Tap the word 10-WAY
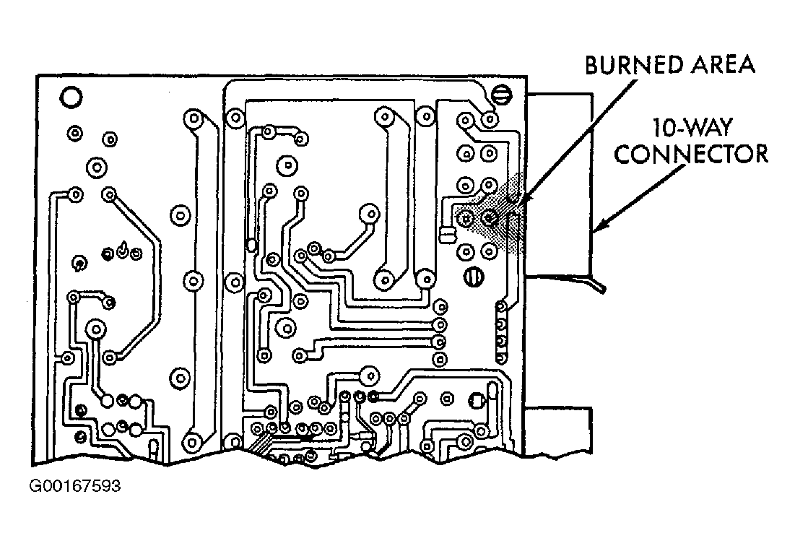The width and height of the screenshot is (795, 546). (692, 128)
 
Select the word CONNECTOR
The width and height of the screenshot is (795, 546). (691, 154)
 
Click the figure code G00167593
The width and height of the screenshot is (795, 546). (75, 486)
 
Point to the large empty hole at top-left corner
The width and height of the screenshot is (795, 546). (71, 97)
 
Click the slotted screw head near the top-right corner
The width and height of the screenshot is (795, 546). (503, 95)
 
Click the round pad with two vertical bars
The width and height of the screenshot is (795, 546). (474, 277)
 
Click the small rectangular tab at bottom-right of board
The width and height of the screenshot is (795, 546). (558, 431)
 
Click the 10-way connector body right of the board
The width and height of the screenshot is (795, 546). (559, 185)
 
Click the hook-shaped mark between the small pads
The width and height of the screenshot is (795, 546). (122, 249)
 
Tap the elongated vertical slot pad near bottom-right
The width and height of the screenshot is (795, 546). (492, 396)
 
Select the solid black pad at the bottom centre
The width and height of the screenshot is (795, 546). (373, 396)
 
